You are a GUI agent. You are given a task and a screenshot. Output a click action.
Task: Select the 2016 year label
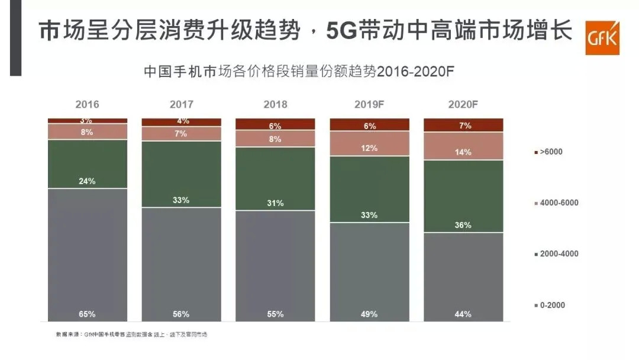[87, 105]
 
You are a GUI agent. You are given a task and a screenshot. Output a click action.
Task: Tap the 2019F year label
[369, 105]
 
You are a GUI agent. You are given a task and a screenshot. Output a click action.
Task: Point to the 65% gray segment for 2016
[87, 255]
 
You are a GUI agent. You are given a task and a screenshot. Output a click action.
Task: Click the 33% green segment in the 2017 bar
[181, 174]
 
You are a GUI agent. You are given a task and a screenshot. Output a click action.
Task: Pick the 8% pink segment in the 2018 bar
[275, 139]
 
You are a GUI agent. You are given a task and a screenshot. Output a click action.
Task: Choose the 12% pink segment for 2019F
[369, 143]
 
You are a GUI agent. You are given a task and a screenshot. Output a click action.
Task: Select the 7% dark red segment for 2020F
[463, 125]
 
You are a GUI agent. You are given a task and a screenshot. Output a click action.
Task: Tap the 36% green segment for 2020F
[463, 196]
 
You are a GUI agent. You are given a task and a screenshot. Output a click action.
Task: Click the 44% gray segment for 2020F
[463, 277]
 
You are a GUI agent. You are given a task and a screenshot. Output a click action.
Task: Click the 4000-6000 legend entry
[556, 203]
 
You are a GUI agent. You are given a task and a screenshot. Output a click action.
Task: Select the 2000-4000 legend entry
[556, 254]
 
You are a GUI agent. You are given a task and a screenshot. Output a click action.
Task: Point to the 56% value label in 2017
[181, 314]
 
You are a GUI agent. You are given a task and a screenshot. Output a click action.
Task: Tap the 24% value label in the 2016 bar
[87, 181]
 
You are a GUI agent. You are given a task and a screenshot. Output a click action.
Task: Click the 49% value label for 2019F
[369, 314]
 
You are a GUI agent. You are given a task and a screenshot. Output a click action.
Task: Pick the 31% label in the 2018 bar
[275, 203]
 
